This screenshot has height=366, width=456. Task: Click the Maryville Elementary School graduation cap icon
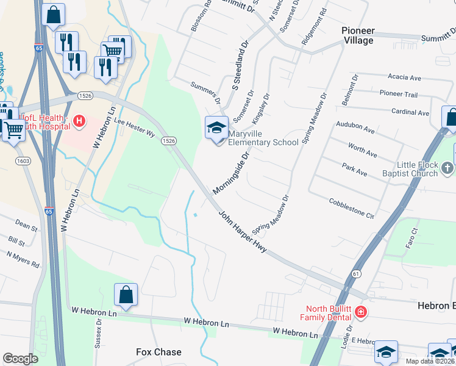click(x=216, y=128)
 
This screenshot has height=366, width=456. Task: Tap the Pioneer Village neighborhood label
click(x=358, y=35)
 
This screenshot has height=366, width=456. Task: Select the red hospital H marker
click(x=79, y=122)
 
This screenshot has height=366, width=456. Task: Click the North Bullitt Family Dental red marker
click(x=361, y=312)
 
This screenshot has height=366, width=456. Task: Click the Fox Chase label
click(x=159, y=352)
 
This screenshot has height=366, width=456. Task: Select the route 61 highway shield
click(x=355, y=274)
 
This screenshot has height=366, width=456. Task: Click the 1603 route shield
click(x=23, y=160)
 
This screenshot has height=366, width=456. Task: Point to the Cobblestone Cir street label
click(x=351, y=208)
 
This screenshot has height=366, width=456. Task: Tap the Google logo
click(x=20, y=359)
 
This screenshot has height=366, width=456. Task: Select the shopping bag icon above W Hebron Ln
click(x=126, y=295)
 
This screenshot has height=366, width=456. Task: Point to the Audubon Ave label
click(x=355, y=129)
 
